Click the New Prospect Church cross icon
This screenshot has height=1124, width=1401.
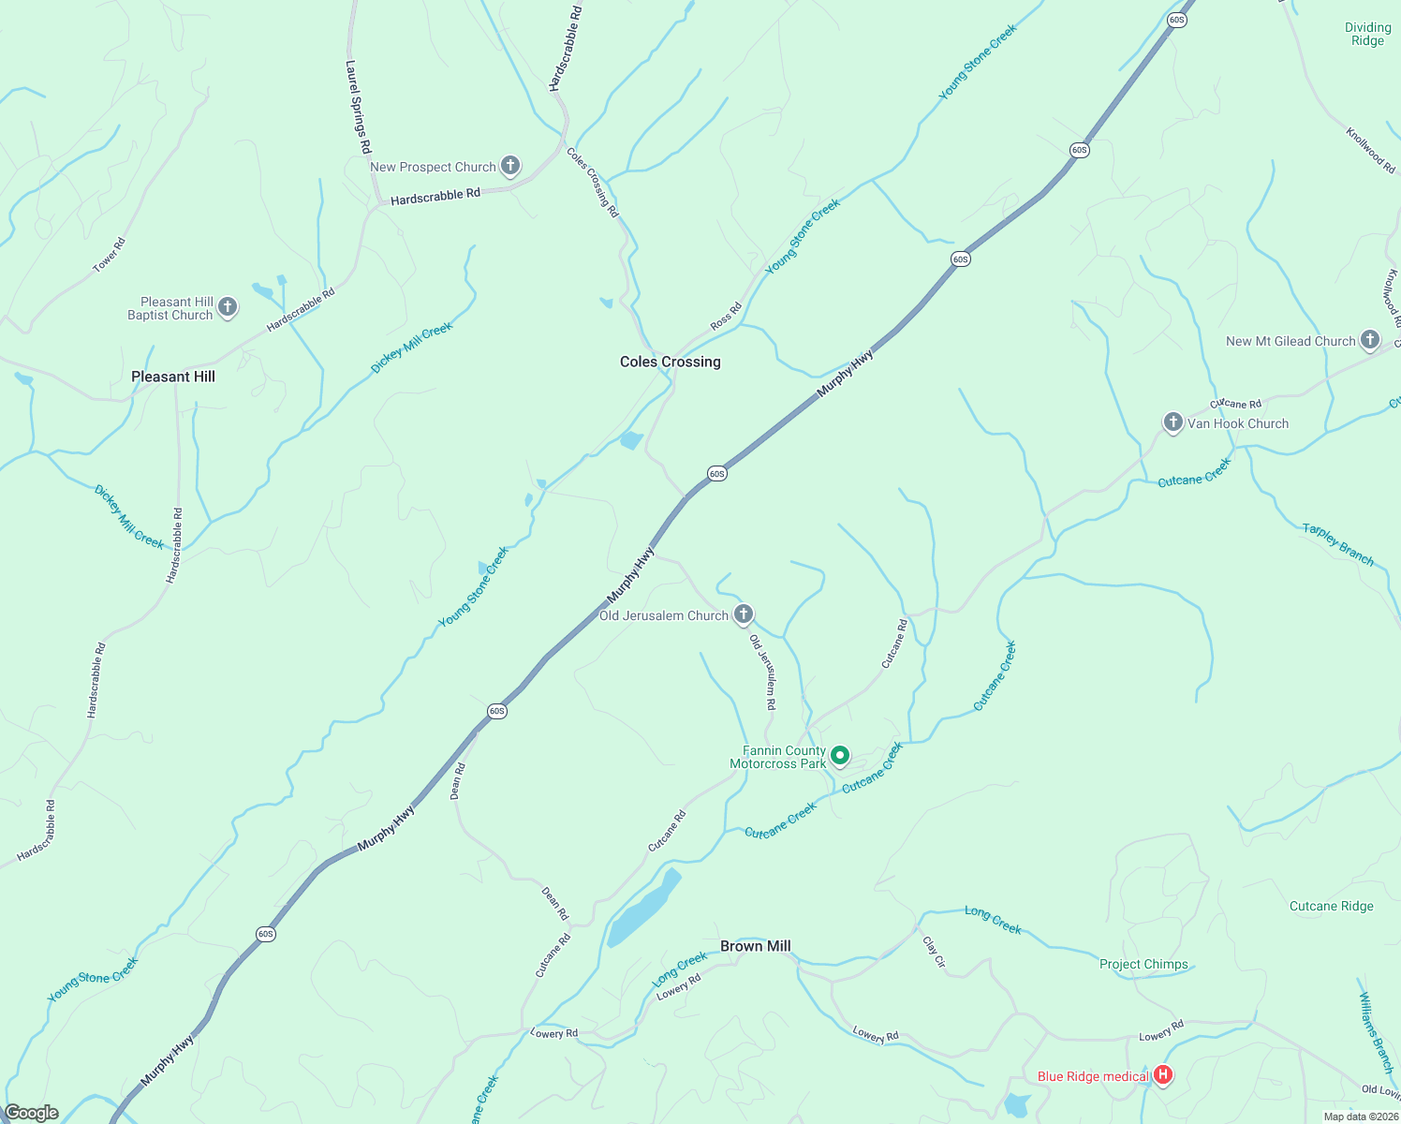(x=510, y=166)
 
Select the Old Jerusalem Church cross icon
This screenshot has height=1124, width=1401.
(x=743, y=614)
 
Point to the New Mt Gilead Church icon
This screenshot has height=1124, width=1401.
(x=1370, y=339)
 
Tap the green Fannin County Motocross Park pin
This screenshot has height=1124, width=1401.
(x=841, y=755)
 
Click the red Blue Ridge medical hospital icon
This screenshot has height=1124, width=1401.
(x=1162, y=1075)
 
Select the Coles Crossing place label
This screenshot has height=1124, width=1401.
(x=671, y=362)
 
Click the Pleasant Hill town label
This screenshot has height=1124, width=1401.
(x=173, y=377)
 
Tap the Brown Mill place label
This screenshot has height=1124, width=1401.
(x=756, y=946)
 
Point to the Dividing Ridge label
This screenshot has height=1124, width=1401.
(x=1367, y=34)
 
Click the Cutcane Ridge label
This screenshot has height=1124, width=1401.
(x=1331, y=906)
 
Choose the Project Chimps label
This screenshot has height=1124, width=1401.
(x=1143, y=964)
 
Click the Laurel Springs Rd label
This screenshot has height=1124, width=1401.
(x=358, y=108)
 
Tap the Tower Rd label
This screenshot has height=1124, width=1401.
(x=109, y=255)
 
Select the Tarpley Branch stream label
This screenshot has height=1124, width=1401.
(x=1337, y=544)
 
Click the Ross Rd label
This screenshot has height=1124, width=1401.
(x=726, y=316)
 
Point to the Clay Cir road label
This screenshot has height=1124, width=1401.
(x=934, y=952)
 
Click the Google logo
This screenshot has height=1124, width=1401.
(x=32, y=1113)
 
